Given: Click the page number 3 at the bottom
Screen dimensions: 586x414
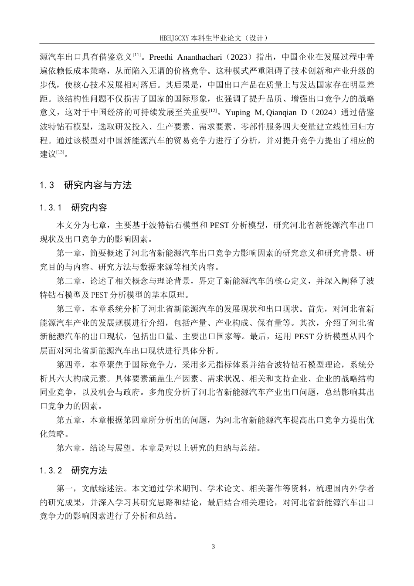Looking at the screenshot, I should tap(213, 547).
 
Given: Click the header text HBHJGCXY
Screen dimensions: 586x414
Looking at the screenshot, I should tap(175, 38).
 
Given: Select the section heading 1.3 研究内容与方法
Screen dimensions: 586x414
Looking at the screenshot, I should tap(85, 185).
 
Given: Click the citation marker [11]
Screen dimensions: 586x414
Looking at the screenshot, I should tap(136, 55).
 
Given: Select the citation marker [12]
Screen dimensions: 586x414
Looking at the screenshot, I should tap(213, 110).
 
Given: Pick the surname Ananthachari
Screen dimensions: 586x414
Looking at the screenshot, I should tap(204, 57).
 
